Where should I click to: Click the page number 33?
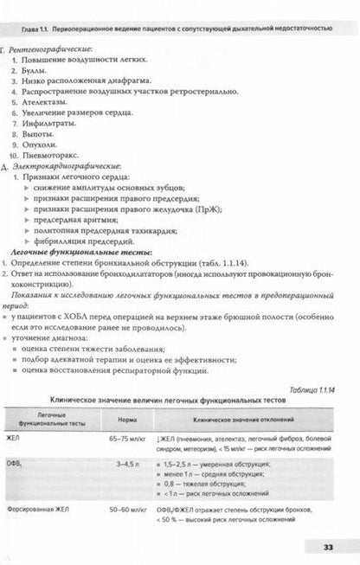click(x=339, y=546)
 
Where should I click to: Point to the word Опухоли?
click(x=45, y=141)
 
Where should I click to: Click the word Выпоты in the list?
click(x=43, y=127)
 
